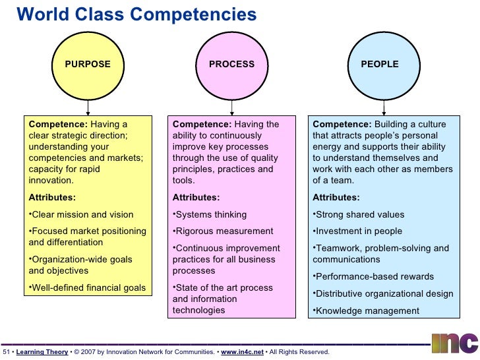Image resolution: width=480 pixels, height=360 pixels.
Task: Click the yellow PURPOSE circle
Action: pos(88,64)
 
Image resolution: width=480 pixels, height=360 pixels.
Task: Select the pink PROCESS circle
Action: pos(231,64)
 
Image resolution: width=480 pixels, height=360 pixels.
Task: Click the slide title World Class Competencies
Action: pos(136,14)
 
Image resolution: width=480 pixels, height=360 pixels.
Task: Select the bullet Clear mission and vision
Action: pos(82,214)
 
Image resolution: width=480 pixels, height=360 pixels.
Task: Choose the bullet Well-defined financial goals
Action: pos(88,287)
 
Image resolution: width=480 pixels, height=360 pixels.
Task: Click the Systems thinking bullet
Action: pos(210,214)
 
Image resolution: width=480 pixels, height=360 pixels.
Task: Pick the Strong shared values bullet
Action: pos(359,214)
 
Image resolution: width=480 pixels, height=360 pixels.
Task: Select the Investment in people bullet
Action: pos(358,231)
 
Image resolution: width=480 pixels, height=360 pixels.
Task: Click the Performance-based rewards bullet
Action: pos(374,277)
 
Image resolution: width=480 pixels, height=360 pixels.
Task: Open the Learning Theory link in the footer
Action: pos(42,352)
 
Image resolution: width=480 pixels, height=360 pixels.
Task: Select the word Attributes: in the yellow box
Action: pos(52,197)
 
